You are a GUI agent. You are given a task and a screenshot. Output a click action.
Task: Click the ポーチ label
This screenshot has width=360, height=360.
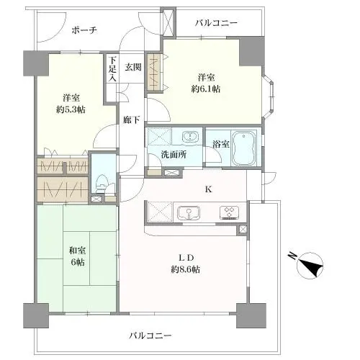coord(84,30)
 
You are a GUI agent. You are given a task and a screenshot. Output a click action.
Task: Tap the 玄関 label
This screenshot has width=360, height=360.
coord(133,67)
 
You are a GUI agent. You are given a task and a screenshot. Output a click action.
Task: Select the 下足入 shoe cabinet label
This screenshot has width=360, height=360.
coord(112,69)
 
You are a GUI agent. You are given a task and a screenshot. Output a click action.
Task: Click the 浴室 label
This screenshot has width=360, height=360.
coord(222,144)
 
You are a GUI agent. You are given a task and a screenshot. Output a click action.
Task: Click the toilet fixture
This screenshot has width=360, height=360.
coord(102,186)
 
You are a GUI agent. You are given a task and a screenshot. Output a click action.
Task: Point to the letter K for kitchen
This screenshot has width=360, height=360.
coord(209,190)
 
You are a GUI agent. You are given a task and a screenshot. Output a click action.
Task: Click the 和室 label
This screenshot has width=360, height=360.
coord(76,251)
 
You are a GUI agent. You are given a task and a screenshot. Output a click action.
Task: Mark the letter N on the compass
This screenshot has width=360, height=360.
coord(292,256)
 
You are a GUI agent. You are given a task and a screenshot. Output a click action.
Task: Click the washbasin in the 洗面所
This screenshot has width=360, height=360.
coord(190,137)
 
